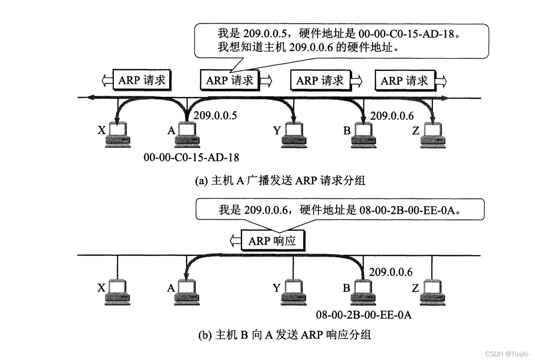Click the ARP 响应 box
pyautogui.click(x=272, y=240)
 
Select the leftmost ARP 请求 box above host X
pyautogui.click(x=142, y=80)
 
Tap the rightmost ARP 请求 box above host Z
pyautogui.click(x=405, y=80)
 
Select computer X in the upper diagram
pyautogui.click(x=118, y=135)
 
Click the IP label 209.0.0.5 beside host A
pyautogui.click(x=215, y=116)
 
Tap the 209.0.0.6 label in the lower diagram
pyautogui.click(x=391, y=272)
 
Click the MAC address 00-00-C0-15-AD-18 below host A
pyautogui.click(x=191, y=157)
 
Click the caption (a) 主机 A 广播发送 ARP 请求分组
pyautogui.click(x=280, y=180)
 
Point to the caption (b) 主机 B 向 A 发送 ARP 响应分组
pyautogui.click(x=284, y=335)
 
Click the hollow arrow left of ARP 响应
pyautogui.click(x=235, y=240)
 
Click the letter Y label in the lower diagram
pyautogui.click(x=277, y=288)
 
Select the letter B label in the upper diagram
pyautogui.click(x=347, y=131)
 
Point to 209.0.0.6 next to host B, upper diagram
pyautogui.click(x=392, y=116)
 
